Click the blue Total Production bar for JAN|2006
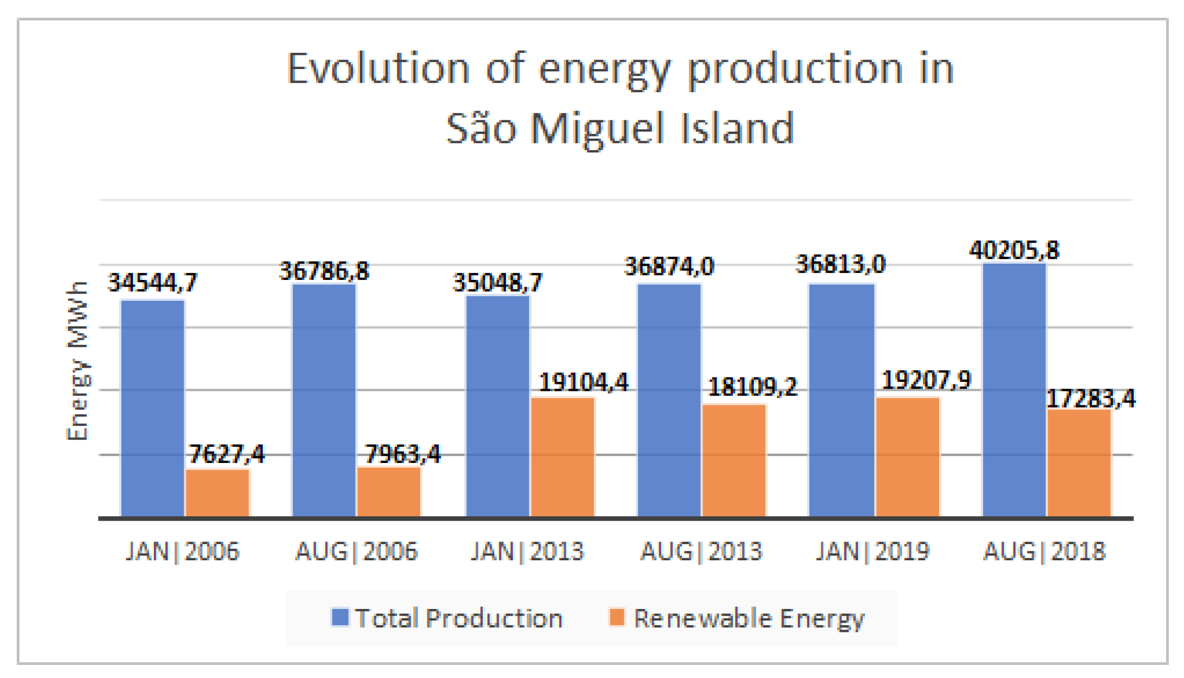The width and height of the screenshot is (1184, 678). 152,408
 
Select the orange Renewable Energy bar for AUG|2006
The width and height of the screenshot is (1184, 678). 389,492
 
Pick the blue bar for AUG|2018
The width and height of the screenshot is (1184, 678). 1014,390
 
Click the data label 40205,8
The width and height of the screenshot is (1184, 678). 1014,251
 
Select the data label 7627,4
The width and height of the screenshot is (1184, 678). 227,454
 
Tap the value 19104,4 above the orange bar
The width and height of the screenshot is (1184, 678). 583,382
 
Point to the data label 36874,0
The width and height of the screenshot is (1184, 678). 669,267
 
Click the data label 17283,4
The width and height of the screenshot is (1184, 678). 1091,399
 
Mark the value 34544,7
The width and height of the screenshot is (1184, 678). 152,283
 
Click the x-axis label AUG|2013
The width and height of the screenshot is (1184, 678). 702,551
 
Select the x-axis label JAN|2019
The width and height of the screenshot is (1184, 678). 873,551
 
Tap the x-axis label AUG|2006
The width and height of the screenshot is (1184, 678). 356,551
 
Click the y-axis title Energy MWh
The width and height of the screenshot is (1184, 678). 77,361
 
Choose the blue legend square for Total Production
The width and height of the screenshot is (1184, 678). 340,617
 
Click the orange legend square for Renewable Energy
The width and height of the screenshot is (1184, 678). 617,617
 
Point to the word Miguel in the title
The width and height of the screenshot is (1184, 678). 597,129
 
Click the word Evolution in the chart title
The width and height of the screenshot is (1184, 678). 378,69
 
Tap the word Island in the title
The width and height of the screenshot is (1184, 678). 738,129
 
